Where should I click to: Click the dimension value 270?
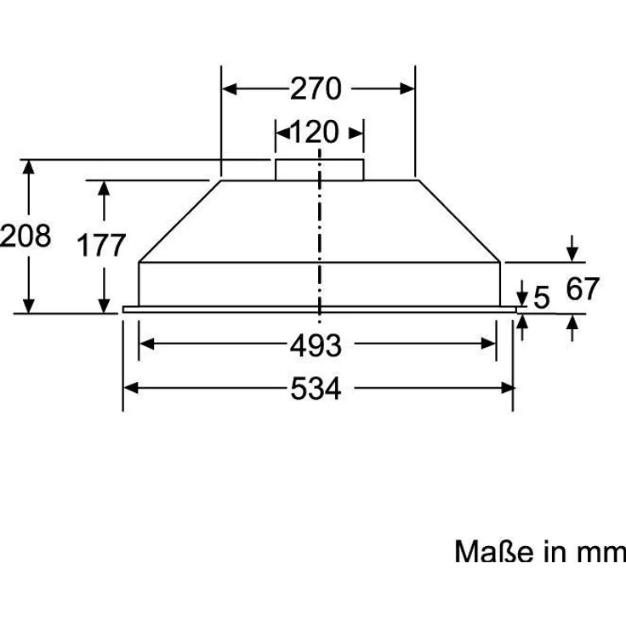316,88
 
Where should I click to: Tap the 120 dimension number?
315,132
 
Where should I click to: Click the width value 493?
316,345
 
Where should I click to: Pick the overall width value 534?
316,389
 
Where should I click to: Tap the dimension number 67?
583,289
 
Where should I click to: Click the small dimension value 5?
542,298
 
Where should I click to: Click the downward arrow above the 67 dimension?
573,253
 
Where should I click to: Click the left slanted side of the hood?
179,219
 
